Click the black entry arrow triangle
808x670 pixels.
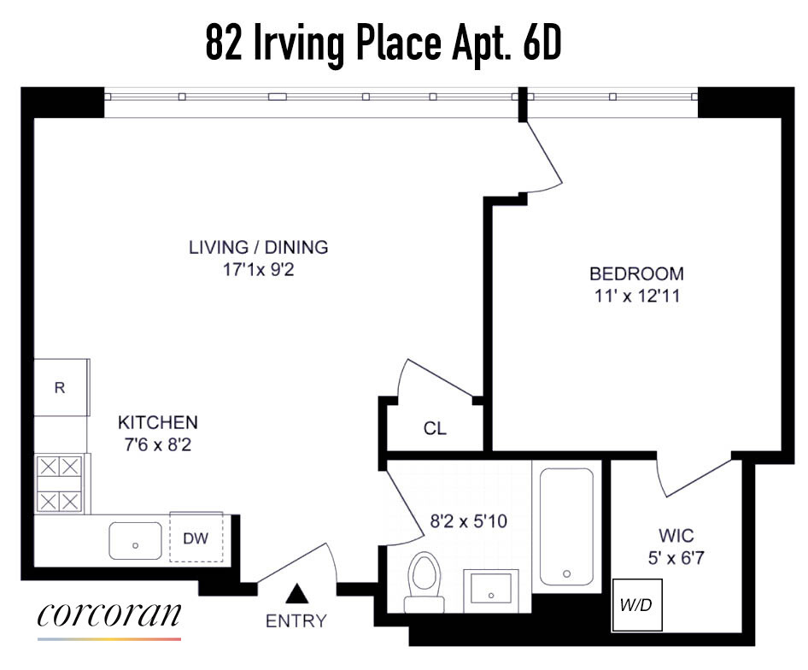pyautogui.click(x=297, y=592)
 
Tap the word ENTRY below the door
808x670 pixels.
pyautogui.click(x=296, y=621)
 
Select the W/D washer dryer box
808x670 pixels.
pyautogui.click(x=635, y=605)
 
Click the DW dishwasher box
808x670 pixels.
pyautogui.click(x=196, y=538)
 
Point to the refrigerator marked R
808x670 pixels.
pyautogui.click(x=61, y=387)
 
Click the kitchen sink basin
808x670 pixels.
pyautogui.click(x=135, y=541)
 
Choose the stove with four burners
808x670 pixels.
pyautogui.click(x=60, y=484)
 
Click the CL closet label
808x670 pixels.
pyautogui.click(x=435, y=428)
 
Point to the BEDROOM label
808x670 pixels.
pyautogui.click(x=636, y=274)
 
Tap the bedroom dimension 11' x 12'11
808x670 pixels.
pyautogui.click(x=636, y=297)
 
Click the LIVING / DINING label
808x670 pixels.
pyautogui.click(x=258, y=248)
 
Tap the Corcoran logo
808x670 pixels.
pyautogui.click(x=109, y=618)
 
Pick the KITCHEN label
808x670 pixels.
pyautogui.click(x=157, y=422)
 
